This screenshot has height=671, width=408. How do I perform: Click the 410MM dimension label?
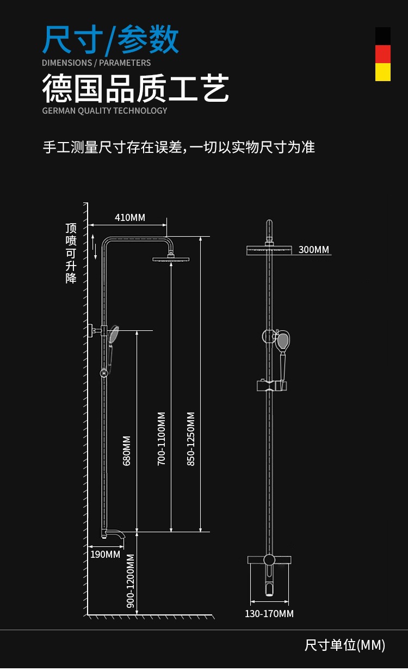(130, 218)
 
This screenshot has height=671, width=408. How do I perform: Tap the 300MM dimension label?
(314, 250)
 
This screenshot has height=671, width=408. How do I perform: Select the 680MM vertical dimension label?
(127, 450)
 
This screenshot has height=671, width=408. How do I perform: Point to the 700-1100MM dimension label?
(161, 438)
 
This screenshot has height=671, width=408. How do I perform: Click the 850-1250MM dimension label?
(190, 438)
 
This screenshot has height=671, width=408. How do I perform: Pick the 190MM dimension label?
(105, 554)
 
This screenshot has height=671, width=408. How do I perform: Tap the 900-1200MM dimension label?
(131, 580)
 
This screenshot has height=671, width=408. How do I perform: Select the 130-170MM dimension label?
(269, 614)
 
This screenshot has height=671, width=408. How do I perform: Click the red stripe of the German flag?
(383, 54)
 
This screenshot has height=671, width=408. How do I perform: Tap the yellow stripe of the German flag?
(383, 72)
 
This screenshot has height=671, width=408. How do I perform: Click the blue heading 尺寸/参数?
(111, 40)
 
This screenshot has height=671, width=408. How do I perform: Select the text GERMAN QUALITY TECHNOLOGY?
(104, 110)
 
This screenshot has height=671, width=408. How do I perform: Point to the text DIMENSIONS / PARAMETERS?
(96, 63)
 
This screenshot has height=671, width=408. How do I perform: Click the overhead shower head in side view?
(171, 259)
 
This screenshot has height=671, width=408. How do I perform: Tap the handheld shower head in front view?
(283, 341)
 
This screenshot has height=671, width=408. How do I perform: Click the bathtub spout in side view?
(115, 534)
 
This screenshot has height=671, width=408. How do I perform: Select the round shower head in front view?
(269, 250)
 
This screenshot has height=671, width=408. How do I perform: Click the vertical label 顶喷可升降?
(71, 253)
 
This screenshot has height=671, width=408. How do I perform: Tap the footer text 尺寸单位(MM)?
(345, 645)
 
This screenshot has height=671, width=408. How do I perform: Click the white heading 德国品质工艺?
(135, 89)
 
